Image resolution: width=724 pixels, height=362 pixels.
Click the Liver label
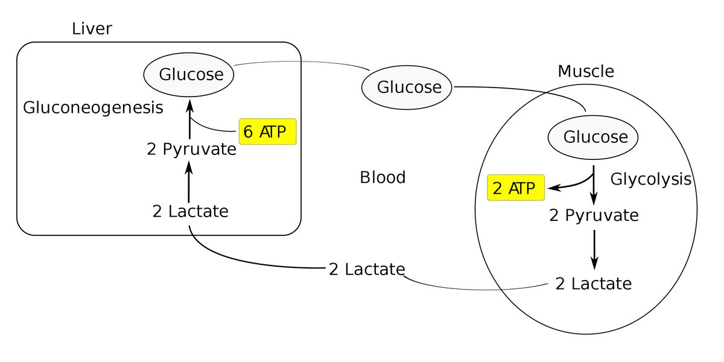(x=92, y=28)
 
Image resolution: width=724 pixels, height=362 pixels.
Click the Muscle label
(x=586, y=71)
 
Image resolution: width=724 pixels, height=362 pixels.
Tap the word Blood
(x=383, y=177)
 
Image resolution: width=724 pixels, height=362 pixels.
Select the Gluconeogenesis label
(x=93, y=107)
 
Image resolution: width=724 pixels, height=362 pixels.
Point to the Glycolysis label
(x=650, y=179)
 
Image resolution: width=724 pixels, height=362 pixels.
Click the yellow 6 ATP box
(x=268, y=132)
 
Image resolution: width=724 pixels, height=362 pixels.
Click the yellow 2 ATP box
(x=516, y=188)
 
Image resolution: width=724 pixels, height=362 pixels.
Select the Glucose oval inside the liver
(x=189, y=75)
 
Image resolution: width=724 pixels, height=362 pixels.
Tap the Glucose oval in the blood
(x=407, y=87)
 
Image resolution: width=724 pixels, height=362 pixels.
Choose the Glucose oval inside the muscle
(x=592, y=138)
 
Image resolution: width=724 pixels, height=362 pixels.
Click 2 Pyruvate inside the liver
(x=191, y=150)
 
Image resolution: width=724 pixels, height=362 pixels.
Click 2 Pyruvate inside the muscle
(x=594, y=215)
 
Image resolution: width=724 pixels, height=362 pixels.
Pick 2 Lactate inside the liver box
(x=191, y=211)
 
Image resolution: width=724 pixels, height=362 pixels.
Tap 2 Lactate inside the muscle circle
(x=594, y=284)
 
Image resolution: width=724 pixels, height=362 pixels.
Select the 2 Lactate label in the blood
(x=367, y=269)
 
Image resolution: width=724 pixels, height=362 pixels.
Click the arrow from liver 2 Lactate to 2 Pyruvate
(x=189, y=182)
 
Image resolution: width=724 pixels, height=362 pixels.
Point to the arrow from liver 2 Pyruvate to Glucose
(x=189, y=119)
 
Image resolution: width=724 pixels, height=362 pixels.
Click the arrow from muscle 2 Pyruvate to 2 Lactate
(x=594, y=250)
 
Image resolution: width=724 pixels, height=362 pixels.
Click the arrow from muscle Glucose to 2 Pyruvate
(x=594, y=185)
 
